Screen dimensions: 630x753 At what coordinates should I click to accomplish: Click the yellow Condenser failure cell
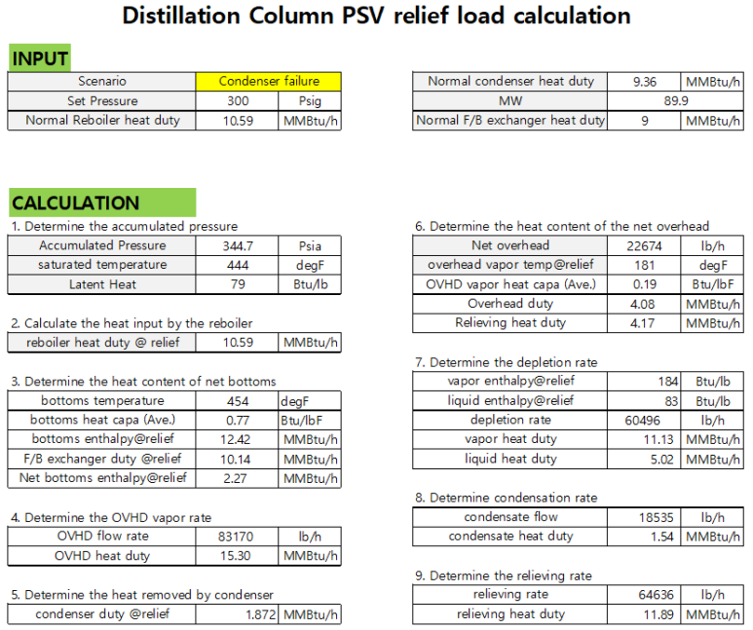point(268,82)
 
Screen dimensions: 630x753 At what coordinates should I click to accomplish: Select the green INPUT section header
point(39,59)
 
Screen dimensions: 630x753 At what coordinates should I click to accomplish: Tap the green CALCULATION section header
point(75,204)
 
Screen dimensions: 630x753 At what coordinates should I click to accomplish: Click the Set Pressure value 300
point(237,101)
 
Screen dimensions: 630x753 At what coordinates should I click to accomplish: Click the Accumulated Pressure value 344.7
point(237,245)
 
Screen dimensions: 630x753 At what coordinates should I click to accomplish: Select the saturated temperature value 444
point(237,265)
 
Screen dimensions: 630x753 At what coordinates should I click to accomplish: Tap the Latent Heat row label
point(102,284)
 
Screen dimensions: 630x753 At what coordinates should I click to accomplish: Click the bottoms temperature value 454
point(237,401)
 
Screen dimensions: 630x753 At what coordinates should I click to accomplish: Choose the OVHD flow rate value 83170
point(237,536)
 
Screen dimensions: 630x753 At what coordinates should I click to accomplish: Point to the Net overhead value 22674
point(643,245)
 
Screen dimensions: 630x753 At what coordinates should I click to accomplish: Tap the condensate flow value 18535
point(643,517)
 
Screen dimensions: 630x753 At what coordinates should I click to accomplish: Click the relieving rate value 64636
point(643,594)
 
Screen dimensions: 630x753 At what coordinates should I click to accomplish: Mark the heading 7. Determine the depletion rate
point(506,362)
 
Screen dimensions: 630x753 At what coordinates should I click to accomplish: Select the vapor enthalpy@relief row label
point(510,382)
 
